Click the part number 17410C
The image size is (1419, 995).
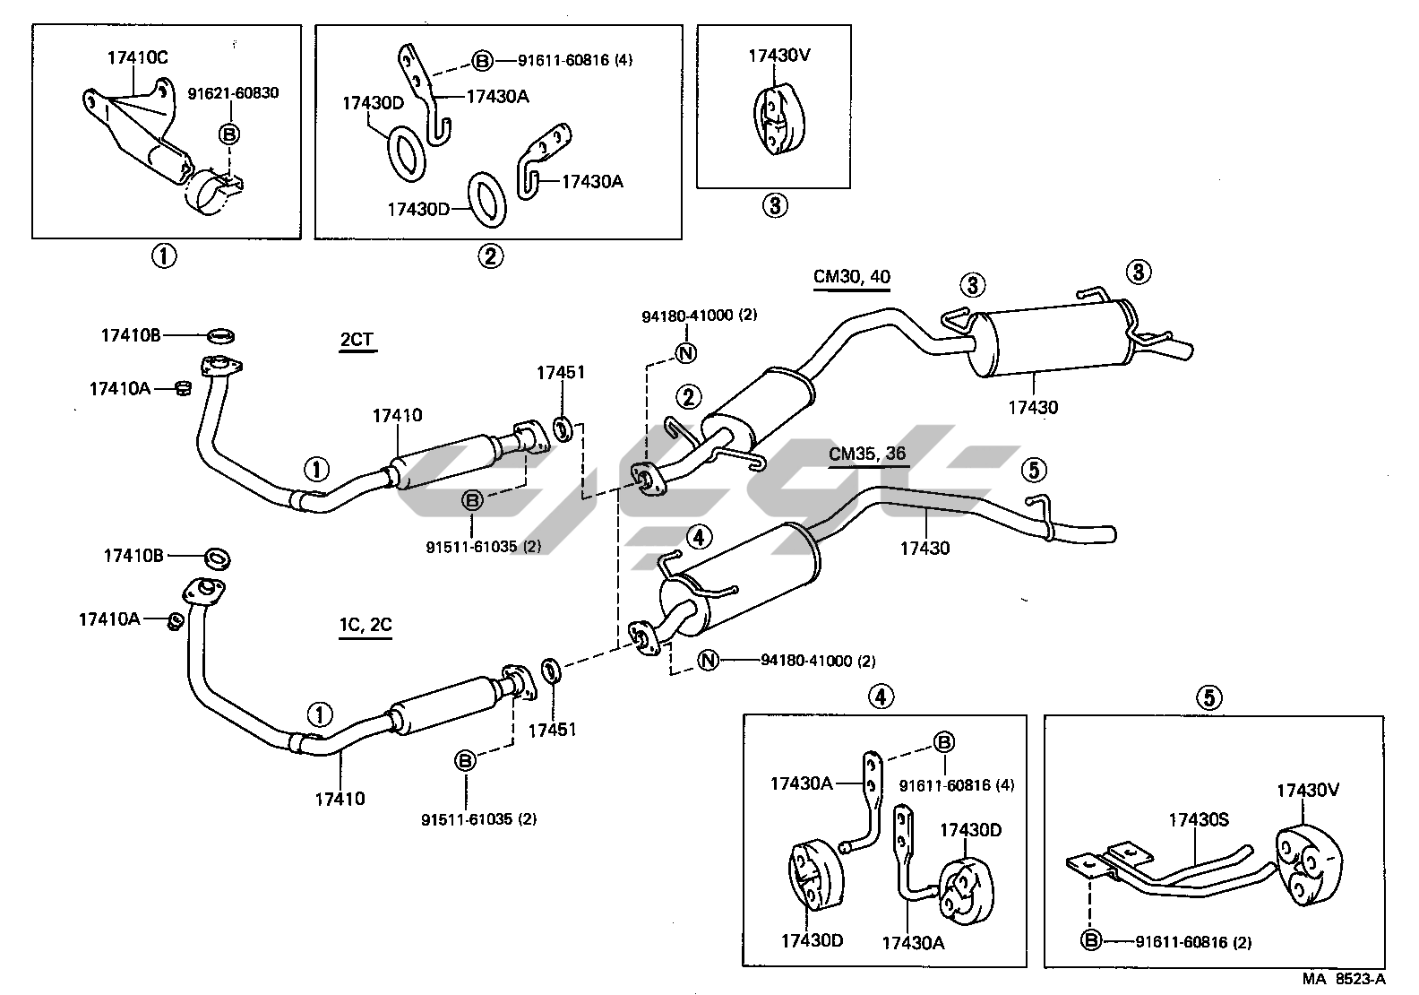(x=137, y=58)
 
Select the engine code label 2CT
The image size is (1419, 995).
(x=357, y=340)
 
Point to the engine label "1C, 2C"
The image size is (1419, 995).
(x=365, y=624)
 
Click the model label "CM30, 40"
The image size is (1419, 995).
(x=851, y=276)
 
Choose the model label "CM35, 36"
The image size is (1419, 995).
(x=866, y=454)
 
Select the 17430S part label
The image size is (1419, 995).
(x=1198, y=819)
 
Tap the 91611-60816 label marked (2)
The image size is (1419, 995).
(x=1193, y=942)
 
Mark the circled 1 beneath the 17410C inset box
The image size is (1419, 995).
(x=164, y=256)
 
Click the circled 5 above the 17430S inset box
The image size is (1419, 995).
(x=1209, y=696)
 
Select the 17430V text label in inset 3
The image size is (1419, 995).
(x=779, y=55)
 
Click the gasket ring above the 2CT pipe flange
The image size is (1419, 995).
(x=222, y=336)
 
